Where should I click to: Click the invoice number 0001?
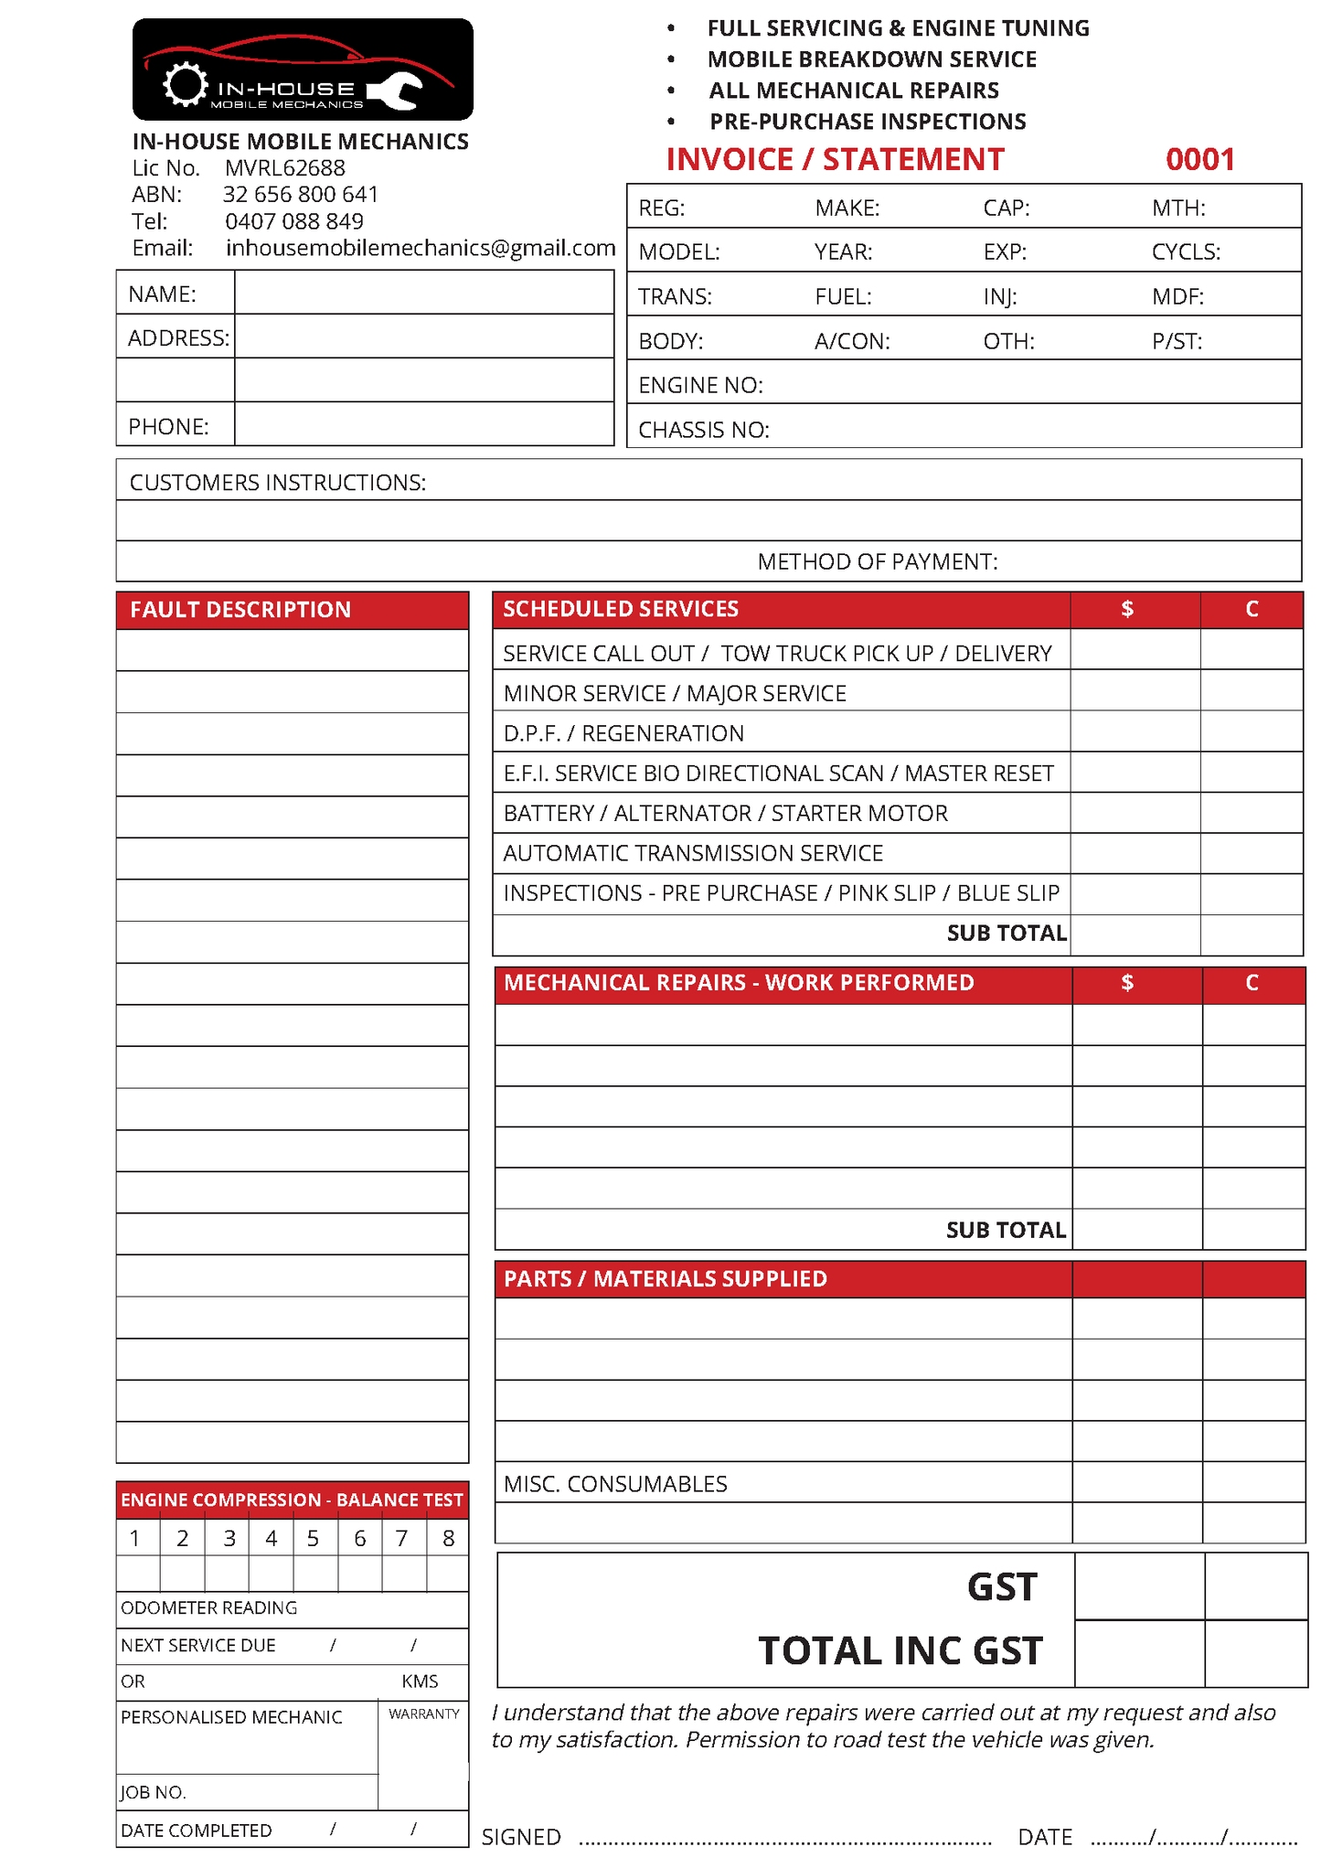point(1199,160)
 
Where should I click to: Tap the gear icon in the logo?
point(186,85)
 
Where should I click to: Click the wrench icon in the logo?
point(396,91)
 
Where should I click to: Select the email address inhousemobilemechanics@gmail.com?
point(421,248)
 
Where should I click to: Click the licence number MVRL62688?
point(285,168)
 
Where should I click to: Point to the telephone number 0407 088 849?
point(294,221)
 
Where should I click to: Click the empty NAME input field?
point(423,294)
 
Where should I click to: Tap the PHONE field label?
point(169,427)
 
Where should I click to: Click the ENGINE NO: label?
point(700,386)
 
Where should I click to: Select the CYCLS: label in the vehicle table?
point(1186,252)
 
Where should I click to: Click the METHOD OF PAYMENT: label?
point(877,561)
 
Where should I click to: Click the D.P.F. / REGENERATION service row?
point(623,733)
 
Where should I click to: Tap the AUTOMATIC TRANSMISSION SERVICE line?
point(693,853)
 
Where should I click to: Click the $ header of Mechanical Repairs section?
point(1127,983)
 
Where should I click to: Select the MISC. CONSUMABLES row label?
point(615,1484)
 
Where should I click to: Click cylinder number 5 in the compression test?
point(313,1539)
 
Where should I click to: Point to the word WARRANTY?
point(423,1713)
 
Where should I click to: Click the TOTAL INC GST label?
point(900,1651)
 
